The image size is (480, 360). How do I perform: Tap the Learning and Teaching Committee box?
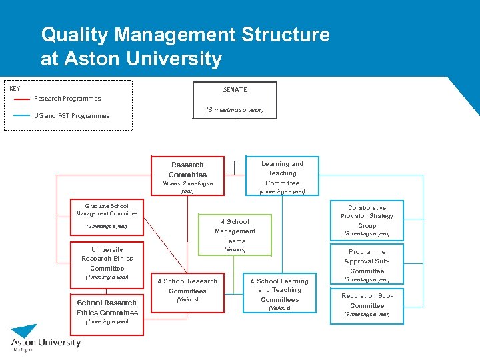(x=282, y=175)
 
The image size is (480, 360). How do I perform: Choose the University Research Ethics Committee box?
(x=107, y=262)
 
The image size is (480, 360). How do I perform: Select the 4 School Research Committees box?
(x=187, y=289)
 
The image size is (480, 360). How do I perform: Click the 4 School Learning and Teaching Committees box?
(x=279, y=294)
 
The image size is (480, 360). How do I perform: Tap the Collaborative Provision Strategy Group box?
(x=367, y=220)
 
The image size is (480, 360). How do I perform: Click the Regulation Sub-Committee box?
(x=367, y=304)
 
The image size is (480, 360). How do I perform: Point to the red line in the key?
(x=22, y=99)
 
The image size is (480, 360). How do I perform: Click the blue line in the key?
(x=22, y=115)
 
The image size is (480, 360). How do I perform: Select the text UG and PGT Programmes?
(x=72, y=116)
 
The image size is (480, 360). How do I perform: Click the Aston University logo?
(x=45, y=339)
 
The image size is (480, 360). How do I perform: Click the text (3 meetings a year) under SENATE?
(x=235, y=110)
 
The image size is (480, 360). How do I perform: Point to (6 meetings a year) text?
(x=367, y=279)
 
